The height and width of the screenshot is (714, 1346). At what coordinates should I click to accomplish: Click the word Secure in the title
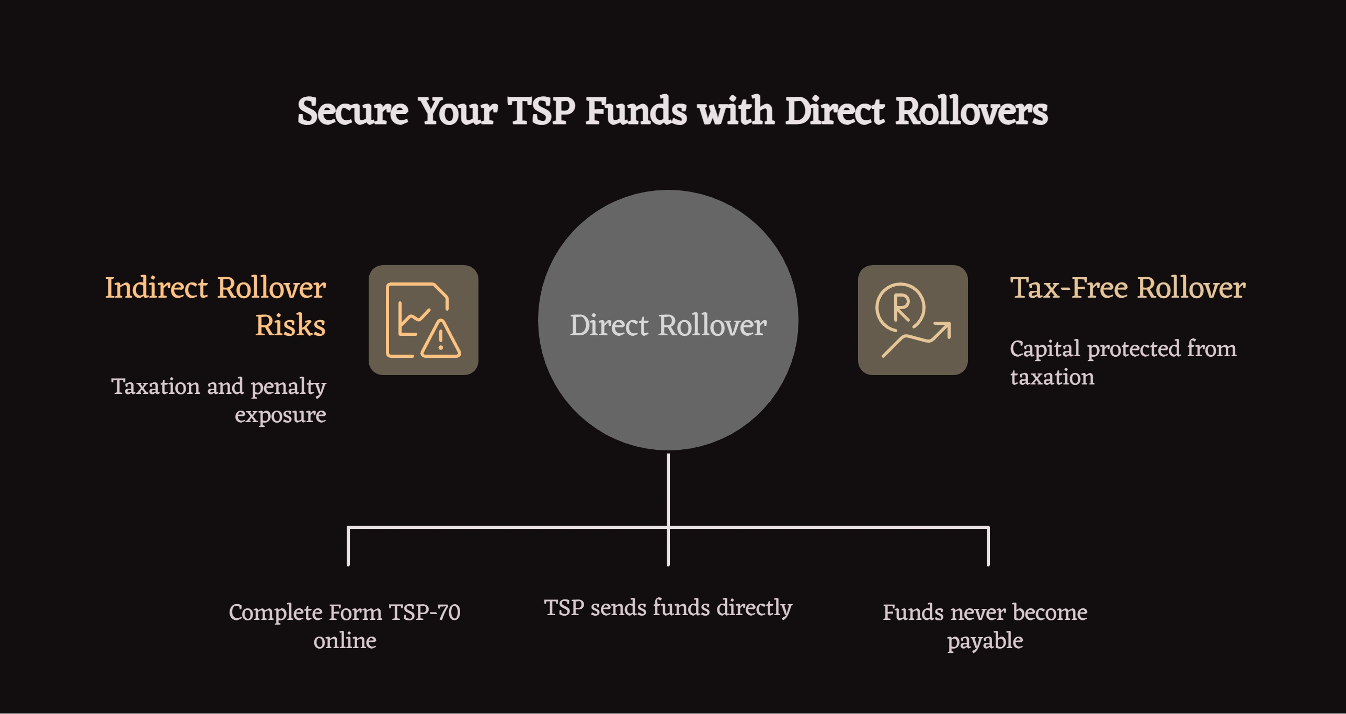(x=352, y=111)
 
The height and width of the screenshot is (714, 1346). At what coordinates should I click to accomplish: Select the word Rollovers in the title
(x=971, y=111)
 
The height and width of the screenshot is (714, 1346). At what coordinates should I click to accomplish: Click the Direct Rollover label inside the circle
(x=668, y=325)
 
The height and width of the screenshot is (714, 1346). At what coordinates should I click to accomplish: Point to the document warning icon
(x=423, y=320)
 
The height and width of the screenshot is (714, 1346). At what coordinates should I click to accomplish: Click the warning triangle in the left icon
(x=441, y=340)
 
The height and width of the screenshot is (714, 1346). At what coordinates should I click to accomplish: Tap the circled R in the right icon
(x=900, y=308)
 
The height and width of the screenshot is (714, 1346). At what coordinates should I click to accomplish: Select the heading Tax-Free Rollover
(x=1127, y=288)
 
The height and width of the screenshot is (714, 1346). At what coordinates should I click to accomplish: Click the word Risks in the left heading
(x=290, y=325)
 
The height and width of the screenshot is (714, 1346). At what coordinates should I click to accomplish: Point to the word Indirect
(x=156, y=288)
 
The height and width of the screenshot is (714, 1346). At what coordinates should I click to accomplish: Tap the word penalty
(x=288, y=387)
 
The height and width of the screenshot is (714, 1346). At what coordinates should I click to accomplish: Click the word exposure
(x=280, y=415)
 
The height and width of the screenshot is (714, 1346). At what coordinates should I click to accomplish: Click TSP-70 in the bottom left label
(x=425, y=613)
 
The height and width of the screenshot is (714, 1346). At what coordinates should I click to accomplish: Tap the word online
(x=345, y=641)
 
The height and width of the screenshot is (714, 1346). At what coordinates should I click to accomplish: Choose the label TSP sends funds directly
(x=668, y=608)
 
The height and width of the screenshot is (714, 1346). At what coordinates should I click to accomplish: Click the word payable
(x=985, y=641)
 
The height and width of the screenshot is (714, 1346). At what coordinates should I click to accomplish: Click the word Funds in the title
(x=635, y=111)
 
